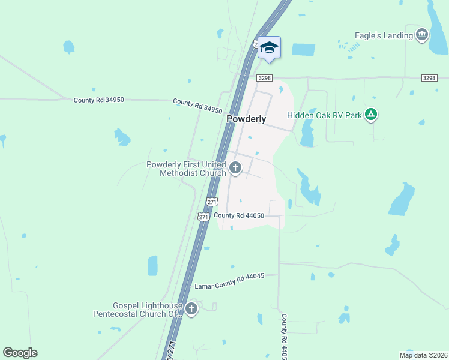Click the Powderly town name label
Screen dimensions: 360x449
(x=246, y=119)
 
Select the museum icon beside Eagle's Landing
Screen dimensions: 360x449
(x=422, y=35)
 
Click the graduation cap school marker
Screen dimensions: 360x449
(x=269, y=47)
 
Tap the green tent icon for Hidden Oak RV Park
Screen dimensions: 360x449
(x=372, y=114)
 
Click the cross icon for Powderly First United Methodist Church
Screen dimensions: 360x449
(x=235, y=169)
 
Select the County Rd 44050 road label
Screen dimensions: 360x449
(x=238, y=215)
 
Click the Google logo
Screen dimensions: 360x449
(x=20, y=352)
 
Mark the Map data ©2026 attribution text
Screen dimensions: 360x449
(x=423, y=355)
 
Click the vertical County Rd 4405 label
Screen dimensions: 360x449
(x=283, y=336)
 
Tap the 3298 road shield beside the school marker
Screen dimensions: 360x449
(x=264, y=78)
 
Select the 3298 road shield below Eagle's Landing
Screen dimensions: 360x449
(x=429, y=78)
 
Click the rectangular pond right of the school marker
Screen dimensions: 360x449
(x=303, y=51)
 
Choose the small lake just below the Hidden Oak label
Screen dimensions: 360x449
(x=307, y=134)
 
